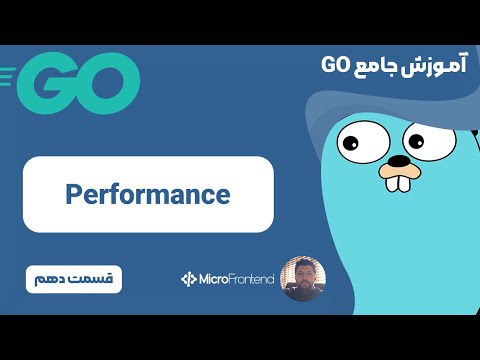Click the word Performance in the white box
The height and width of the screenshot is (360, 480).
tap(148, 193)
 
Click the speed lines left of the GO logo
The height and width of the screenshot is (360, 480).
tap(10, 74)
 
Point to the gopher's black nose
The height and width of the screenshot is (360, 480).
tap(399, 160)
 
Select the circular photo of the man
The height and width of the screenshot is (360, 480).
tap(301, 279)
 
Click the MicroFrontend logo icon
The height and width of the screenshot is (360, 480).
tap(189, 279)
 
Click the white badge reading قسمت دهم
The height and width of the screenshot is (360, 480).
tap(73, 277)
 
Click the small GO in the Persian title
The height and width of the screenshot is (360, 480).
tap(335, 66)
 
